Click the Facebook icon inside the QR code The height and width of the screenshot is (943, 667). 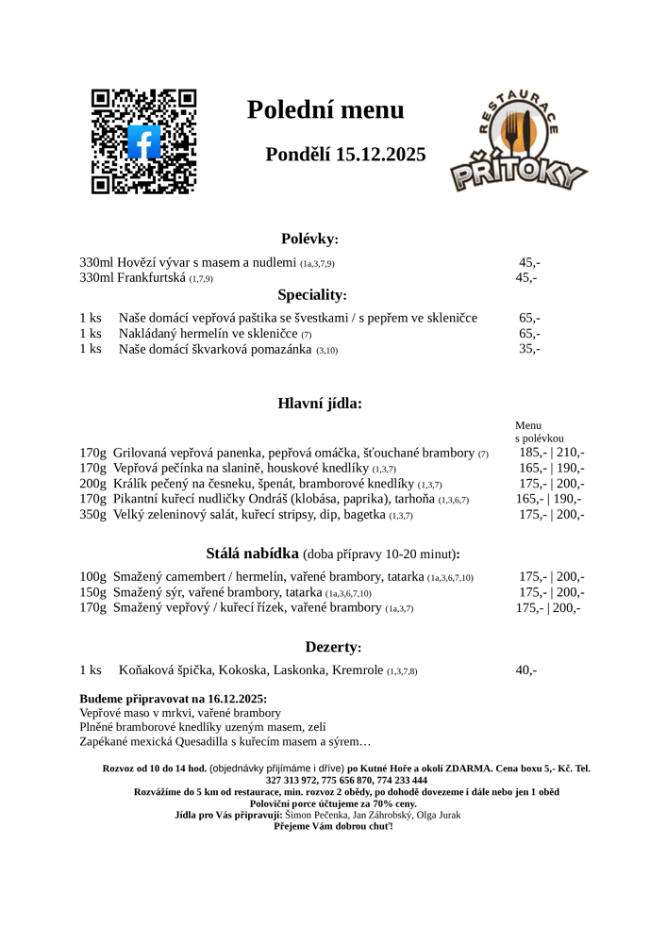coord(143,141)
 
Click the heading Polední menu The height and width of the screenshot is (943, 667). coord(325,110)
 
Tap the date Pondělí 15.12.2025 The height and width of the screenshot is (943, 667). coord(345,155)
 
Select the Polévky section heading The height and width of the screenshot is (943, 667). coord(309,240)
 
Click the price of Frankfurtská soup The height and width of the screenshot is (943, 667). coord(525,278)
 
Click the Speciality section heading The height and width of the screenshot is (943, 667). coord(312,295)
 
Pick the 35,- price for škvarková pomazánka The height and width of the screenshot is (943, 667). coord(529,349)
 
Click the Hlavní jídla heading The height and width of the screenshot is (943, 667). coord(320,404)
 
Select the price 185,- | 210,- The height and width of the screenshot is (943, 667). coord(551,453)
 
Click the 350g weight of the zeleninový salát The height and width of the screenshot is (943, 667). coord(92,515)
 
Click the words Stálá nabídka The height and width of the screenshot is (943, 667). coord(252,554)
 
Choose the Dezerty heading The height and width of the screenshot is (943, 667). coord(333,648)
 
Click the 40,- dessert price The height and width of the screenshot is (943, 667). coord(525,670)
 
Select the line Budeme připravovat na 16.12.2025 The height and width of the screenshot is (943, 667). coord(173,699)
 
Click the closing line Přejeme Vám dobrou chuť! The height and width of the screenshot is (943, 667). coord(333,826)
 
